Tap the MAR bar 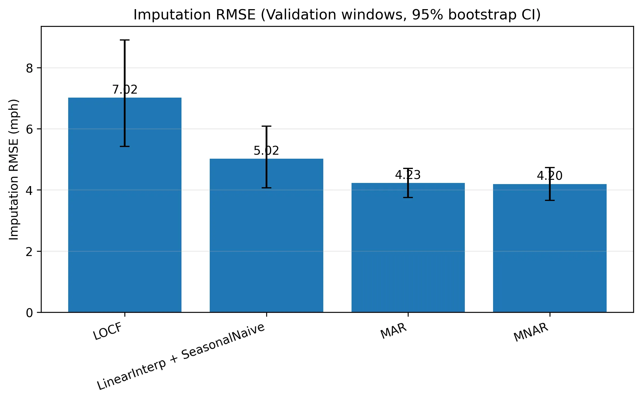coord(408,248)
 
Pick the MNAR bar coord(550,248)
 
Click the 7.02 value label coord(125,90)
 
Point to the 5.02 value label coord(266,151)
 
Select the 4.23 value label coord(408,175)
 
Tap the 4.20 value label coord(550,176)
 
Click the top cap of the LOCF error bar coord(125,40)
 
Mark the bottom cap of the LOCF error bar coord(125,146)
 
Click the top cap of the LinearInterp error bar coord(266,126)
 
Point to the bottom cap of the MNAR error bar coord(550,200)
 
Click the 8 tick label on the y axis coord(29,68)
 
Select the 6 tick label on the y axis coord(29,129)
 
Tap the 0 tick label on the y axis coord(29,313)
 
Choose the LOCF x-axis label coord(108,332)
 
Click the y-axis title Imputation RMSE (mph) coord(14,170)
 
